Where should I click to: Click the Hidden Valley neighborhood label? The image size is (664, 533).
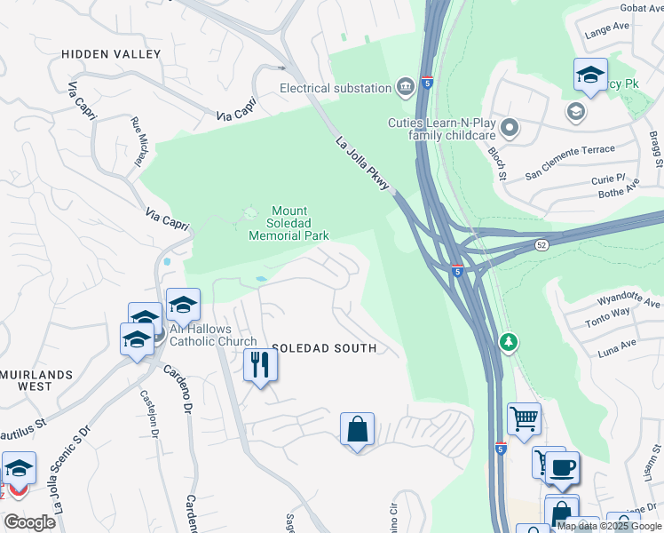(111, 54)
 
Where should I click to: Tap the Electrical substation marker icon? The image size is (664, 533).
(406, 87)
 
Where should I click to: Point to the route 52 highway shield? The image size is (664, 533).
(541, 243)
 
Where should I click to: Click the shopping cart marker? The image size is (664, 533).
(524, 418)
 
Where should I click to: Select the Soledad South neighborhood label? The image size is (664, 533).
(324, 348)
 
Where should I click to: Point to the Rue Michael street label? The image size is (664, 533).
(137, 142)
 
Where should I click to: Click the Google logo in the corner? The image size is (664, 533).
(28, 522)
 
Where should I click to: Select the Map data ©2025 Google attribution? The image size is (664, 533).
(609, 526)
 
